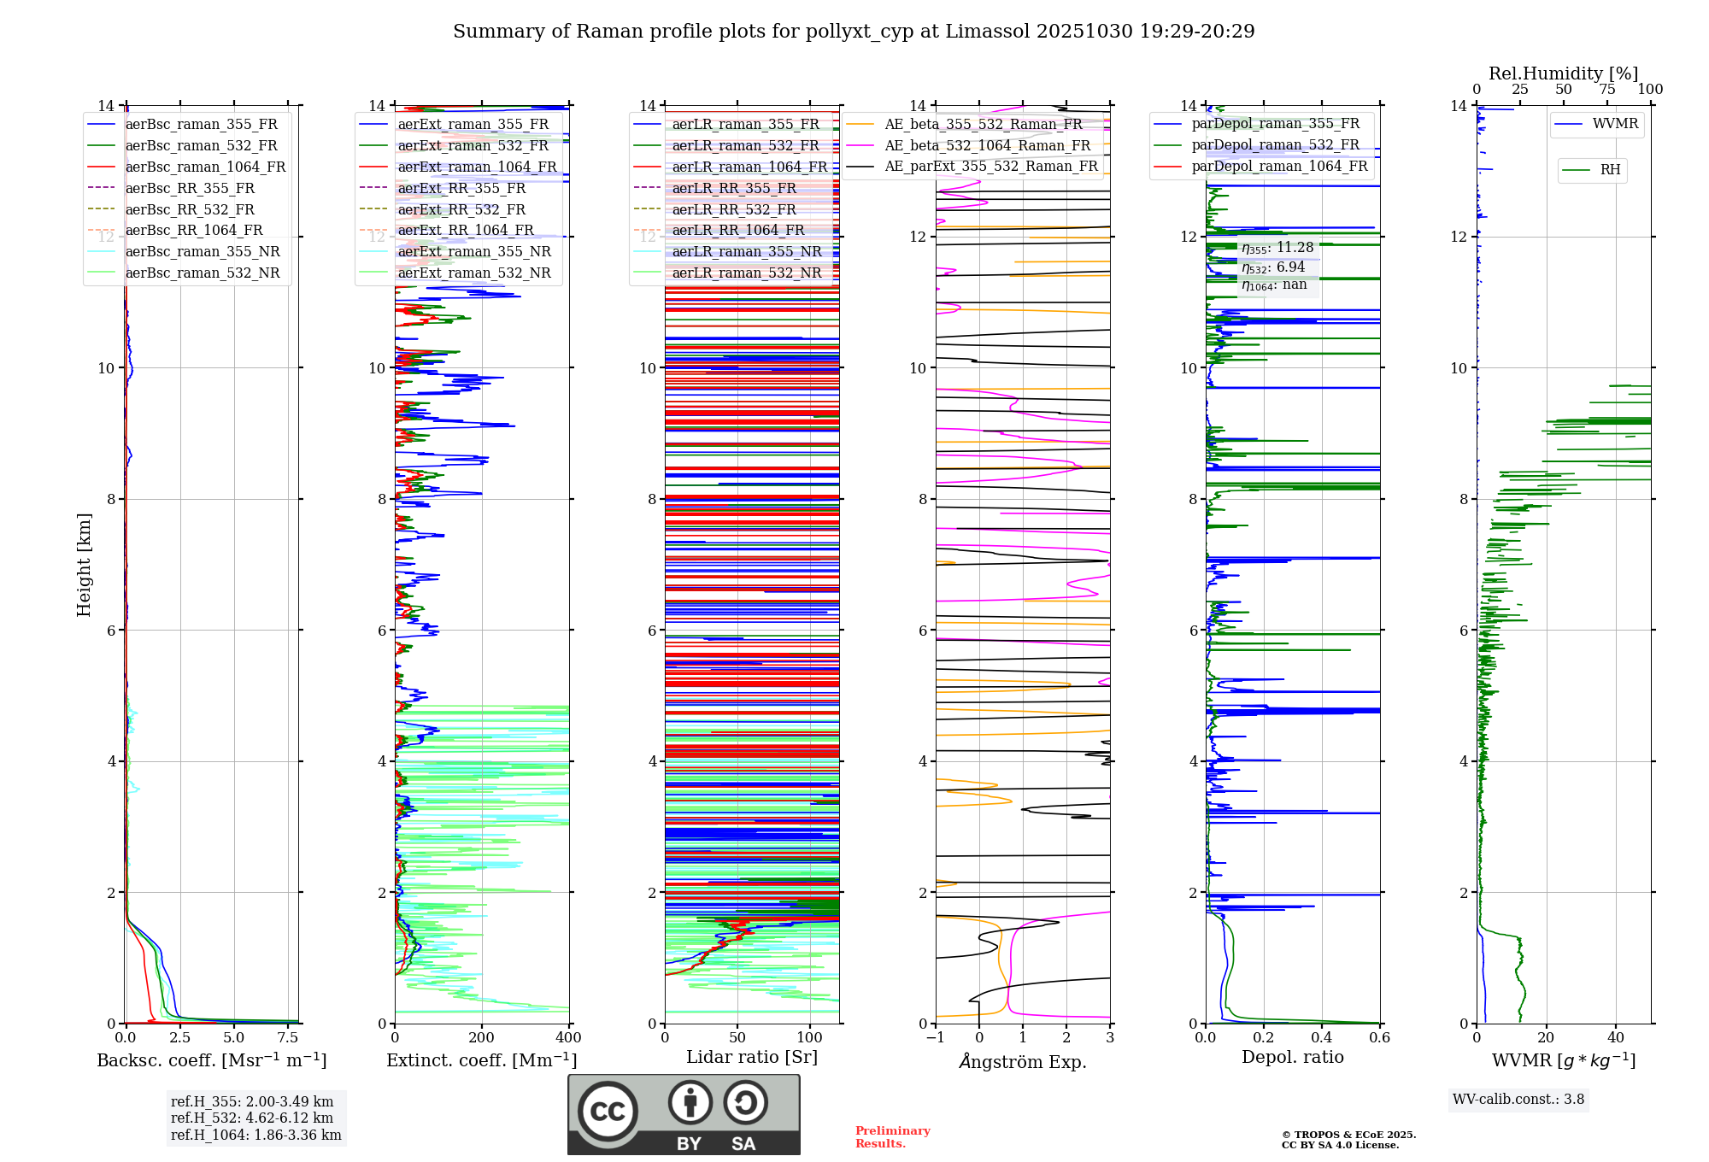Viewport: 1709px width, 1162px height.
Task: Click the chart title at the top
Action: click(x=854, y=32)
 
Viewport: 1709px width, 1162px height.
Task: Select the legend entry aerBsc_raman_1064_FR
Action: click(x=205, y=167)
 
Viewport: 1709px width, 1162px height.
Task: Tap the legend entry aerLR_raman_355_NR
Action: click(x=746, y=251)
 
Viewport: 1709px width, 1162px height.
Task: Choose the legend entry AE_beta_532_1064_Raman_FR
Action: click(x=987, y=145)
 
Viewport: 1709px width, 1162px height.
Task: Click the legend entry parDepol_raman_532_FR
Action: click(x=1275, y=145)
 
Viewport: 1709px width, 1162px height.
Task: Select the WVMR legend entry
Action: click(x=1615, y=124)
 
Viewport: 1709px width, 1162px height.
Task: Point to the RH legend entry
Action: click(x=1610, y=170)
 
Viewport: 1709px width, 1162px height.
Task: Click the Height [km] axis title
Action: click(x=84, y=564)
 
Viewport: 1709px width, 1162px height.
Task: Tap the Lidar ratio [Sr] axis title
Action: click(x=752, y=1057)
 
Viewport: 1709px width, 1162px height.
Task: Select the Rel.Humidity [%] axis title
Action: click(x=1563, y=73)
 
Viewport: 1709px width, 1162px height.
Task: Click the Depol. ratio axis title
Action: click(x=1292, y=1057)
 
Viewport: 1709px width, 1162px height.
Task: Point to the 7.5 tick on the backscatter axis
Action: click(x=288, y=1038)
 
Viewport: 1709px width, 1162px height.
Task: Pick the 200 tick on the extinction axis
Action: click(x=482, y=1038)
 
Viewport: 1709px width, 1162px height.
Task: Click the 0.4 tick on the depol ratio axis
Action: click(x=1321, y=1038)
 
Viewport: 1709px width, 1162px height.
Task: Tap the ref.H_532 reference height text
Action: click(x=252, y=1118)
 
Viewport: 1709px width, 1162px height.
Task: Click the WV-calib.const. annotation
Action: click(x=1518, y=1100)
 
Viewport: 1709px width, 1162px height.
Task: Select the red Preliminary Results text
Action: click(x=892, y=1137)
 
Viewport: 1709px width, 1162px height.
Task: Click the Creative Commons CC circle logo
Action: click(x=608, y=1111)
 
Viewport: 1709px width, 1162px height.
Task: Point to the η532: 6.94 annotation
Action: click(x=1273, y=267)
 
